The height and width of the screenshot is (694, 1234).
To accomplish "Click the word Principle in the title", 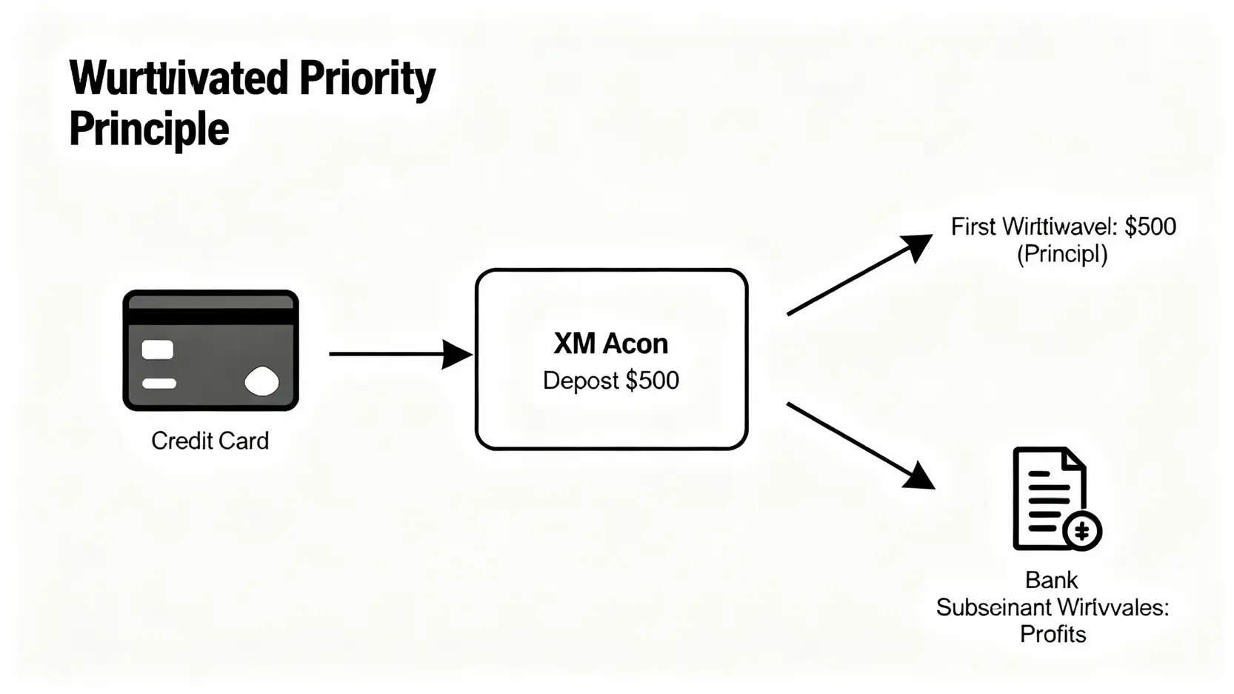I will point(149,130).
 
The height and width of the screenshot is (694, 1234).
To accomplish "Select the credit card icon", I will point(210,350).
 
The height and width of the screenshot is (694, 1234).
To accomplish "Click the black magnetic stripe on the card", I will point(210,316).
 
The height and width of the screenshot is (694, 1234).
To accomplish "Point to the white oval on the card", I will point(261,381).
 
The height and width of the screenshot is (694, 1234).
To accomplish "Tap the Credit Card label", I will point(210,441).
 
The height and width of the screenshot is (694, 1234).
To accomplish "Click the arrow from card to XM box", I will point(400,354).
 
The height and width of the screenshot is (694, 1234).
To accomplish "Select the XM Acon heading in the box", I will point(610,344).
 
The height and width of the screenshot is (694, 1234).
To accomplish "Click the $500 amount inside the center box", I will point(652,381).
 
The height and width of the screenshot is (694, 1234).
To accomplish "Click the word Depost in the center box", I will point(581,381).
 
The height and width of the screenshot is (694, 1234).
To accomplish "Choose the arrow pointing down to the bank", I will point(859,445).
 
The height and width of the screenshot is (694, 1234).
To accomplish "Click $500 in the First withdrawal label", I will point(1150,227).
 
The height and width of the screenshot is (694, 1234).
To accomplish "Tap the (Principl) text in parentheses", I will point(1061,255).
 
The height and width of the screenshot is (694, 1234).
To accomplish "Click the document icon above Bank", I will point(1050,498).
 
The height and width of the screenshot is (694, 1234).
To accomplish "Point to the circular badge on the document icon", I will point(1082,530).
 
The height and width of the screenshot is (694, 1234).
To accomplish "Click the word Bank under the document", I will point(1051,580).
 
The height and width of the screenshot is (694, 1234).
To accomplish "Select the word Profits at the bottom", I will point(1053,635).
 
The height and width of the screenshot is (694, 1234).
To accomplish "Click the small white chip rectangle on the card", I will point(158,350).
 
